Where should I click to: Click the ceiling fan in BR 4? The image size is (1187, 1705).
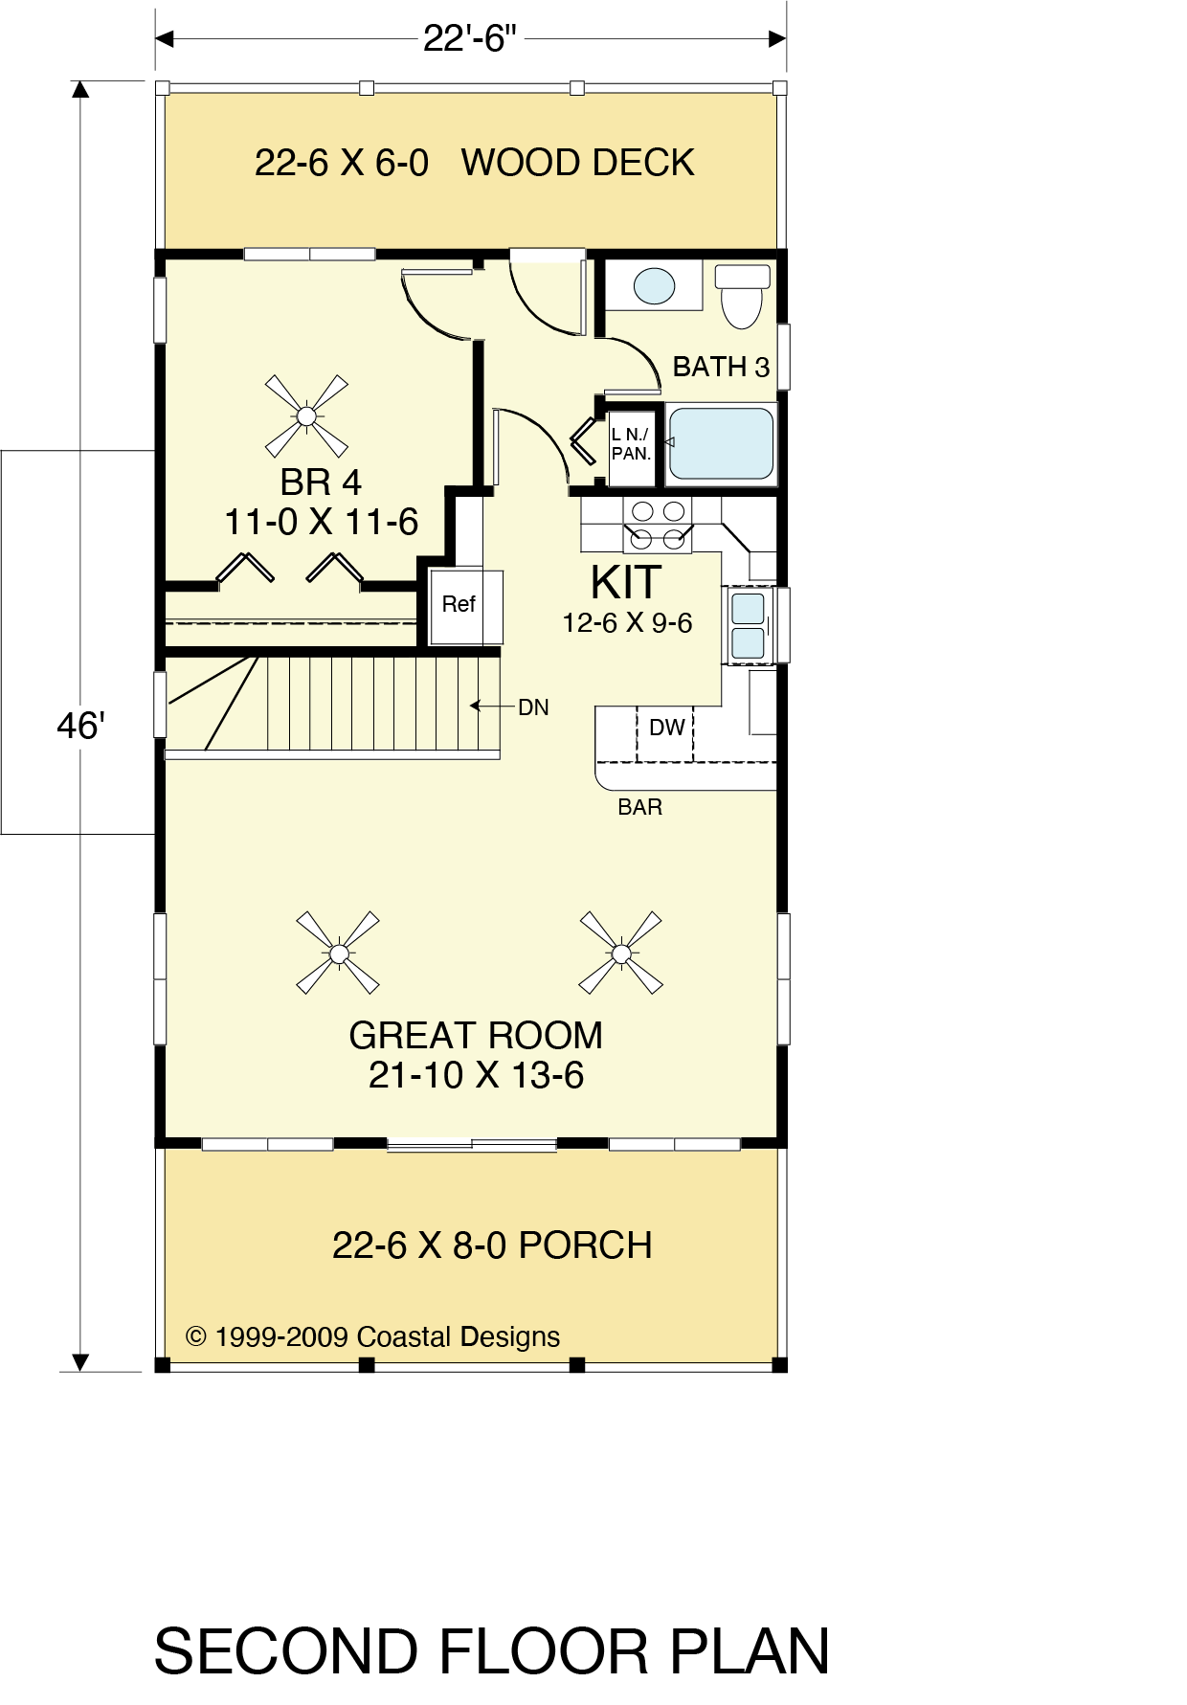tap(306, 416)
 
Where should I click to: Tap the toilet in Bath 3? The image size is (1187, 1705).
tap(743, 296)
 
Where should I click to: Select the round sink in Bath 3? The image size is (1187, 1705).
tap(655, 285)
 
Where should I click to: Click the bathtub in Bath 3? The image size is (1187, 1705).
tap(721, 444)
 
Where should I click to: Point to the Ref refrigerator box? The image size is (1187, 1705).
tap(465, 607)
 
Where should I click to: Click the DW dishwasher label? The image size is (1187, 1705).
tap(666, 728)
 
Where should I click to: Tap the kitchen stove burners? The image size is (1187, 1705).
tap(658, 525)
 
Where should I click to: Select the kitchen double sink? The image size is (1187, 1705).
tap(748, 625)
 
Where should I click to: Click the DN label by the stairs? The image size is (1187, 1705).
tap(533, 707)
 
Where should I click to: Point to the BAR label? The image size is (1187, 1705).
tap(639, 807)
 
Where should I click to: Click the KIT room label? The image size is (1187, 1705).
tap(626, 582)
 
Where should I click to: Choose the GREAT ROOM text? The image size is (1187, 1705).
tap(476, 1036)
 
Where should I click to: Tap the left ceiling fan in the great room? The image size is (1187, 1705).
tap(338, 953)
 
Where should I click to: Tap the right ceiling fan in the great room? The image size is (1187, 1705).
tap(621, 953)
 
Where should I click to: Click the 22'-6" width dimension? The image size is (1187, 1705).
tap(470, 38)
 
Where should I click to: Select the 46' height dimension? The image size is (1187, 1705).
tap(80, 726)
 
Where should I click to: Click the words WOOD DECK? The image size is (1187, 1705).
tap(578, 163)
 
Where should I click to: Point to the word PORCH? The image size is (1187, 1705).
tap(586, 1245)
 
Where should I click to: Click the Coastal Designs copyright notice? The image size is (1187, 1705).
tap(372, 1337)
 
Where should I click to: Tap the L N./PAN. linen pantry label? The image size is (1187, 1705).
tap(631, 444)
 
